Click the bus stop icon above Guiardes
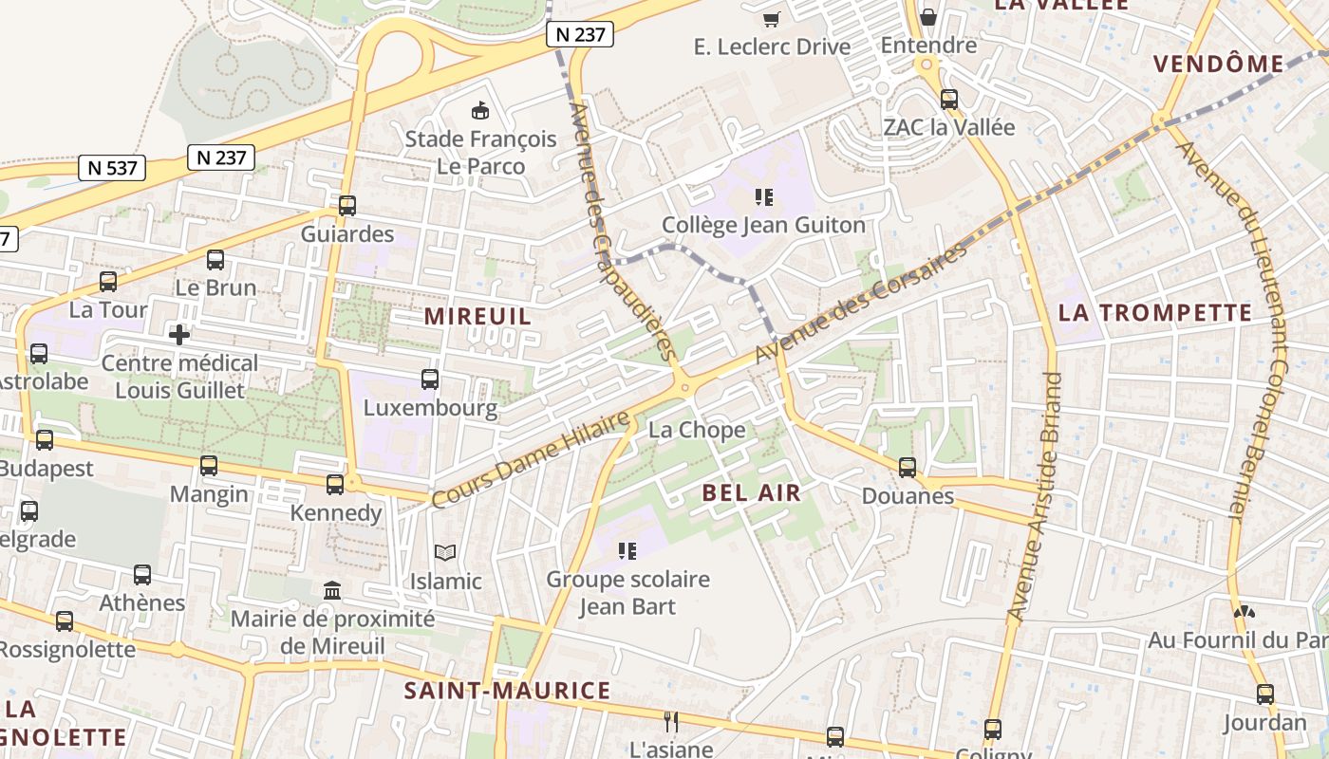(x=347, y=205)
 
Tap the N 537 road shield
(x=113, y=168)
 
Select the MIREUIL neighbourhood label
(x=477, y=316)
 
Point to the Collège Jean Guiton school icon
(x=763, y=197)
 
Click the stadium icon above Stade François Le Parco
(x=480, y=111)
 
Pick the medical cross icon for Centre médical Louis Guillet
(x=179, y=334)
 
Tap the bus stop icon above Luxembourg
(x=430, y=379)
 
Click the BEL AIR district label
(x=752, y=492)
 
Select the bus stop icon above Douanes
(x=908, y=467)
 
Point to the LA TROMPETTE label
(x=1155, y=312)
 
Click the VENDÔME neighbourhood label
(x=1218, y=64)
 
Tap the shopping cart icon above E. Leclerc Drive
(x=772, y=19)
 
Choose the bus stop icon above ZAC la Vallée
(x=948, y=99)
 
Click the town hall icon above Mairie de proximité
(x=332, y=590)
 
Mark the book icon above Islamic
(x=445, y=552)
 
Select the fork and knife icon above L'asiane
(x=671, y=721)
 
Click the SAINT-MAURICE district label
(x=507, y=690)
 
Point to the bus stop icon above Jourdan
(x=1264, y=694)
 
